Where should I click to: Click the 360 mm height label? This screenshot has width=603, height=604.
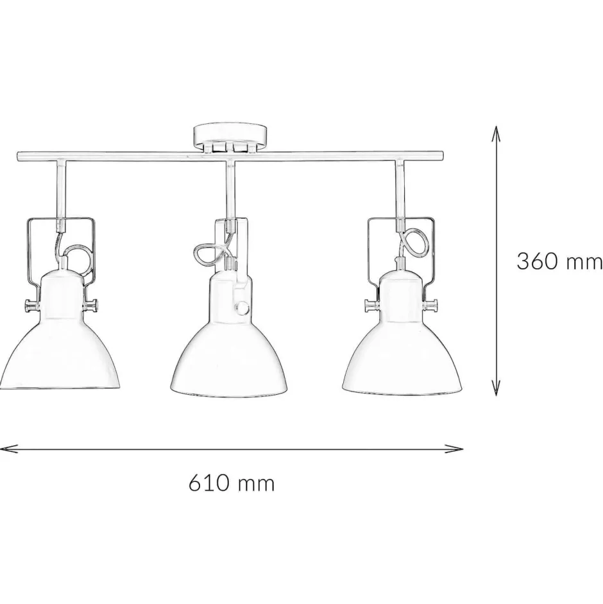[x=559, y=261]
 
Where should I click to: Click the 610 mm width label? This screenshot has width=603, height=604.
[x=232, y=483]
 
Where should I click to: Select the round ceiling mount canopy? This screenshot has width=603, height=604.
[x=229, y=137]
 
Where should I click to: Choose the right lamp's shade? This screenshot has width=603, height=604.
[x=402, y=334]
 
